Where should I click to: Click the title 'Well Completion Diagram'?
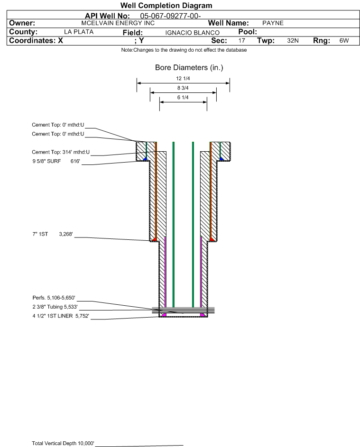[x=166, y=5]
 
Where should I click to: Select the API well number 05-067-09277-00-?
[x=170, y=16]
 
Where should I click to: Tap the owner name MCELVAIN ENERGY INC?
[x=118, y=23]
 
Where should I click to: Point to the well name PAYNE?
[x=273, y=23]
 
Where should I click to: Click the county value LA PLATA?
[x=79, y=32]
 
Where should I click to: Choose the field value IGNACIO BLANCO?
[x=192, y=33]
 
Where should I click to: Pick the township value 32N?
[x=293, y=40]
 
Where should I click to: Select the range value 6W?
[x=344, y=40]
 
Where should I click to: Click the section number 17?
[x=241, y=40]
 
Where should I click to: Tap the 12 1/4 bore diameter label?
[x=183, y=78]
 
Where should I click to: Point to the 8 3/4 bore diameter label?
[x=183, y=88]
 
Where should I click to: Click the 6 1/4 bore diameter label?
[x=183, y=98]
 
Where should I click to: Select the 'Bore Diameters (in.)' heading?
[x=189, y=68]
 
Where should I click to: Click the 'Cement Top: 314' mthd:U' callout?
[x=61, y=152]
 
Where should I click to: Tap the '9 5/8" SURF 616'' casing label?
[x=56, y=161]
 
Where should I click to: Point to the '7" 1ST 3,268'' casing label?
[x=53, y=234]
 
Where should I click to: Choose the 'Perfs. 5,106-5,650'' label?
[x=54, y=298]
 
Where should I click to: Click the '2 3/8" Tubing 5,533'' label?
[x=55, y=307]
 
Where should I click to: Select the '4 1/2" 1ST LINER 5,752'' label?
[x=61, y=316]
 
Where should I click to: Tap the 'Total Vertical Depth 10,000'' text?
[x=63, y=443]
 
